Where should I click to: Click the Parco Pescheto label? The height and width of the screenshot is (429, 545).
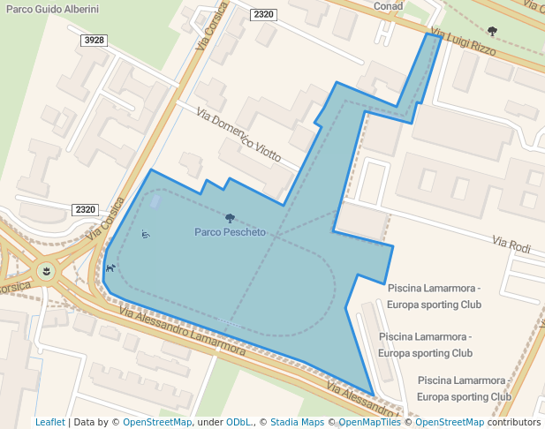pos(230,232)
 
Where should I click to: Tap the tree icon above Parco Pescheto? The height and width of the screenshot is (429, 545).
pos(230,217)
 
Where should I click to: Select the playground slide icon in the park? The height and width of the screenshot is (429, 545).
pos(146,234)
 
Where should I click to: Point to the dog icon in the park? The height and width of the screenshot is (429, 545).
pos(110,267)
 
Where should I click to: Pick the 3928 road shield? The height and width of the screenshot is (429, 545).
pos(93,41)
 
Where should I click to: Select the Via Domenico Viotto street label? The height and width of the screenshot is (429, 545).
pos(238,139)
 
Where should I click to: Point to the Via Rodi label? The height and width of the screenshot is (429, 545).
pos(511,245)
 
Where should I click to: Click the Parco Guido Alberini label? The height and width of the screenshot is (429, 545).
pos(52,9)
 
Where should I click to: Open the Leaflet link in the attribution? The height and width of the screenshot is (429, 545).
pos(49,422)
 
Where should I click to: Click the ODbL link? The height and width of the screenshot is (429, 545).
pos(239,422)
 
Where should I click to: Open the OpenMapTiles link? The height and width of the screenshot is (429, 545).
pos(370,422)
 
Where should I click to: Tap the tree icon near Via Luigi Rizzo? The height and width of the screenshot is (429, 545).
pos(492,32)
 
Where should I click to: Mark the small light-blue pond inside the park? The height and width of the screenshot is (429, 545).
pos(156,202)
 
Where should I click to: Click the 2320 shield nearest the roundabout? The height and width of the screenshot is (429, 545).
pos(86,209)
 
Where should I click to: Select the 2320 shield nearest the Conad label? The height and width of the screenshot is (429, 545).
pos(263,15)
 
